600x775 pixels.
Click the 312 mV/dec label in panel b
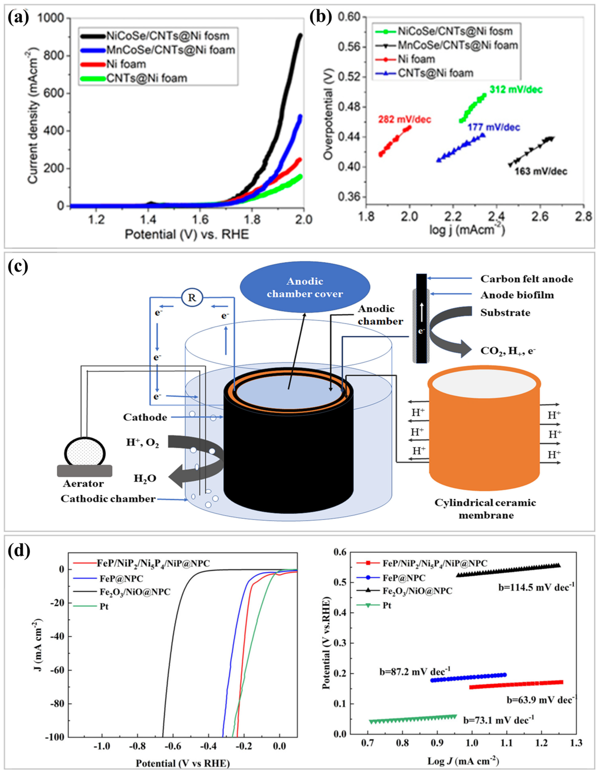coord(516,89)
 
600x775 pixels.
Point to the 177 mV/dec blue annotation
coord(493,127)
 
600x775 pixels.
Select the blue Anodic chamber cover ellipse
coord(305,287)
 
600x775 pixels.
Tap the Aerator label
coord(83,484)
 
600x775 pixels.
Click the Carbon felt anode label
coord(526,279)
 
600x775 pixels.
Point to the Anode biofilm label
coord(517,295)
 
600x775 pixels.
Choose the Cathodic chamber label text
coord(108,499)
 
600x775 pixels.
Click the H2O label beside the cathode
coord(145,479)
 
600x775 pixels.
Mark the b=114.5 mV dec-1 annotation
coord(536,587)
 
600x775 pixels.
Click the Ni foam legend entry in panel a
coord(126,64)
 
